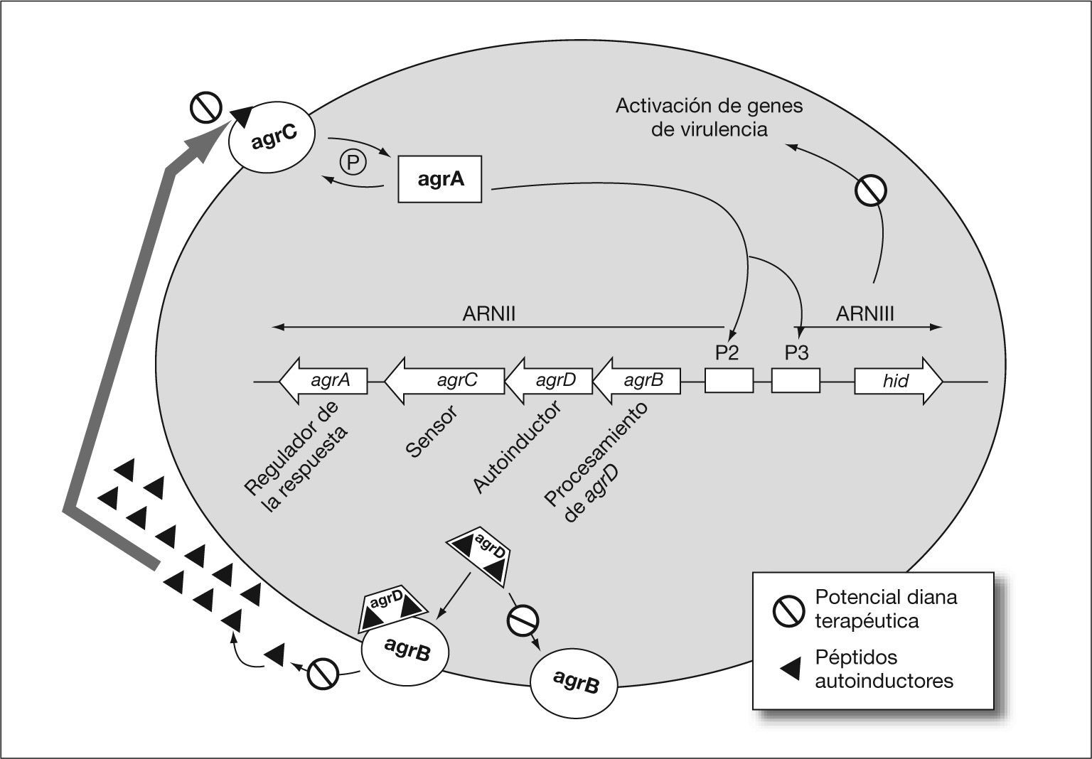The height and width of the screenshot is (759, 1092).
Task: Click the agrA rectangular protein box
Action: (439, 179)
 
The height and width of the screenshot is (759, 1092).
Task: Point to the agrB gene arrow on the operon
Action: (637, 381)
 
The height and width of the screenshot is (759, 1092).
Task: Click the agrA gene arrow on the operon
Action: (324, 381)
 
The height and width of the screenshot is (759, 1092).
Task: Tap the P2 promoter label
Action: (727, 352)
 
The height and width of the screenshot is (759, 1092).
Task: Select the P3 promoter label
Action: (796, 352)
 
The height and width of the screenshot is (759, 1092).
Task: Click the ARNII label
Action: (488, 314)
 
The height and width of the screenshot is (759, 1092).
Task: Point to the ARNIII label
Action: (865, 314)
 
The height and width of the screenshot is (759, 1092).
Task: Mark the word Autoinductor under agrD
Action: (517, 447)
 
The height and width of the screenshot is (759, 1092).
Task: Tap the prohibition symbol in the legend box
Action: (788, 608)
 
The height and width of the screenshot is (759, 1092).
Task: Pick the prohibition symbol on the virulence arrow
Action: (871, 190)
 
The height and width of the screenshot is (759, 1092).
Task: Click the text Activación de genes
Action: (709, 107)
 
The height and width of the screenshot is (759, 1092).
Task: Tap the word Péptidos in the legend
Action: (857, 657)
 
